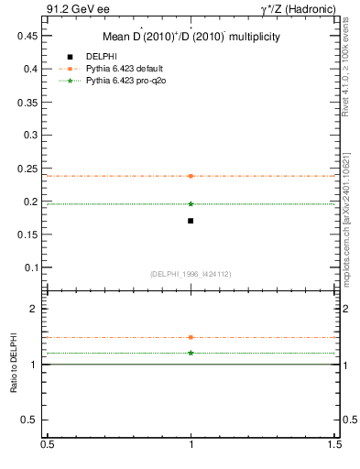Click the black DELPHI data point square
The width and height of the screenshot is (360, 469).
pyautogui.click(x=191, y=221)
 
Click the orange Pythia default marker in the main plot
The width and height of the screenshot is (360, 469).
pyautogui.click(x=191, y=176)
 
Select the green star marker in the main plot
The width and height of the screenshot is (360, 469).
pyautogui.click(x=191, y=204)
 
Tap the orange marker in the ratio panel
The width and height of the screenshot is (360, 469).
pyautogui.click(x=191, y=337)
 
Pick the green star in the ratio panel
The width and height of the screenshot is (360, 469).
pyautogui.click(x=191, y=353)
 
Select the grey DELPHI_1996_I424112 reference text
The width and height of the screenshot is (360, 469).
pyautogui.click(x=191, y=274)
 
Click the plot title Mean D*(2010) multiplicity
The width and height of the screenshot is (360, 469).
pyautogui.click(x=191, y=37)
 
